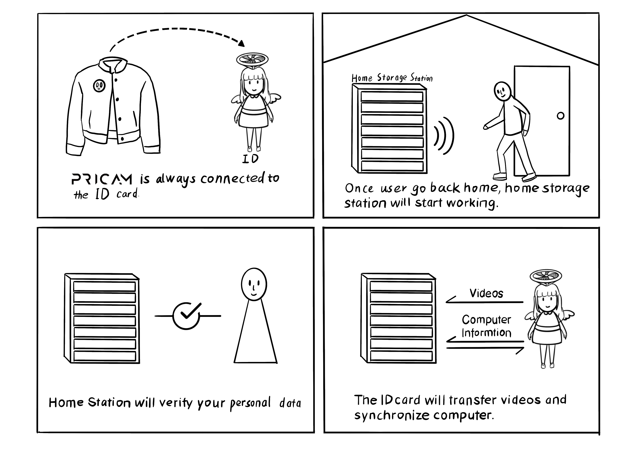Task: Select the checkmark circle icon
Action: point(186,316)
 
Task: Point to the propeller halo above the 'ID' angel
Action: point(252,59)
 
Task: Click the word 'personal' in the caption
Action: point(250,403)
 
